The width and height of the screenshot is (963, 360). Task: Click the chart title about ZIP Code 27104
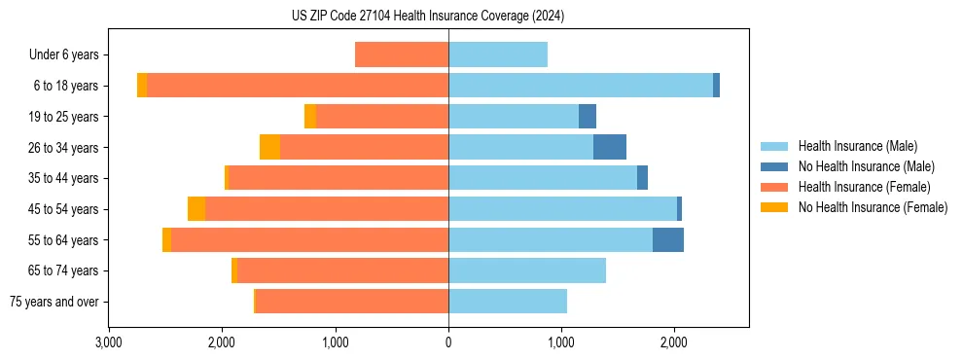[428, 16]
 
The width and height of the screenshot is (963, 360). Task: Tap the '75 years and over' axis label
[54, 302]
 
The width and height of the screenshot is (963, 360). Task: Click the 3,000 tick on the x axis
[109, 342]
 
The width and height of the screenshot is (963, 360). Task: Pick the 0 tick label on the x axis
[448, 342]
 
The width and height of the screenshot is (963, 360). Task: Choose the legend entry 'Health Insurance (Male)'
[857, 146]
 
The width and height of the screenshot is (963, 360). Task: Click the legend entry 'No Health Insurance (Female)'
[873, 207]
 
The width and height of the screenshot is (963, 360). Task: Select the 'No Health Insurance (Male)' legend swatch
[775, 166]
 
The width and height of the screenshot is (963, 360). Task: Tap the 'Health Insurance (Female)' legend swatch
[775, 187]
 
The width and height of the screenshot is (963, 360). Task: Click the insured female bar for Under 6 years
[402, 54]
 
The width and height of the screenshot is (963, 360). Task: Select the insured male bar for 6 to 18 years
[581, 86]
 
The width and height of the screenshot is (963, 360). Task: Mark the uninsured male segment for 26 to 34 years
[610, 147]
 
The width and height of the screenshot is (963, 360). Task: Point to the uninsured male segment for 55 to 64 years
[668, 239]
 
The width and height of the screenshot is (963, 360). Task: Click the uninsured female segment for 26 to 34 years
[269, 147]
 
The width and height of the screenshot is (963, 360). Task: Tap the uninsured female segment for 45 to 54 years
[196, 209]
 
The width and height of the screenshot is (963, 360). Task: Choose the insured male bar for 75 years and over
[508, 302]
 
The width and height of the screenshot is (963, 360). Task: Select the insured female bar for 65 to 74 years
[342, 270]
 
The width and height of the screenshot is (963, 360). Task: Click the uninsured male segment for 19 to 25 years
[588, 117]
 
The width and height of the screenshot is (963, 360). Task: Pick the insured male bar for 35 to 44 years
[543, 178]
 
